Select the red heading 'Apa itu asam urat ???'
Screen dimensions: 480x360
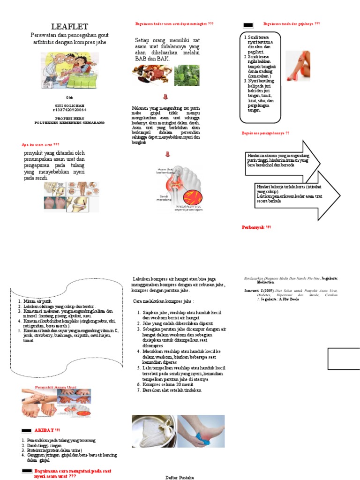coord(41,144)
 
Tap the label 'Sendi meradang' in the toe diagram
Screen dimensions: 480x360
coord(164,198)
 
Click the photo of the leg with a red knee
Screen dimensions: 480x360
coord(298,66)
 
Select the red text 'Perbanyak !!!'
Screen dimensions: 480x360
coord(256,227)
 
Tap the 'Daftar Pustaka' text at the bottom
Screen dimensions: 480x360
coord(180,477)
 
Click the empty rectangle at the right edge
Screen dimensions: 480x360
coord(344,359)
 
